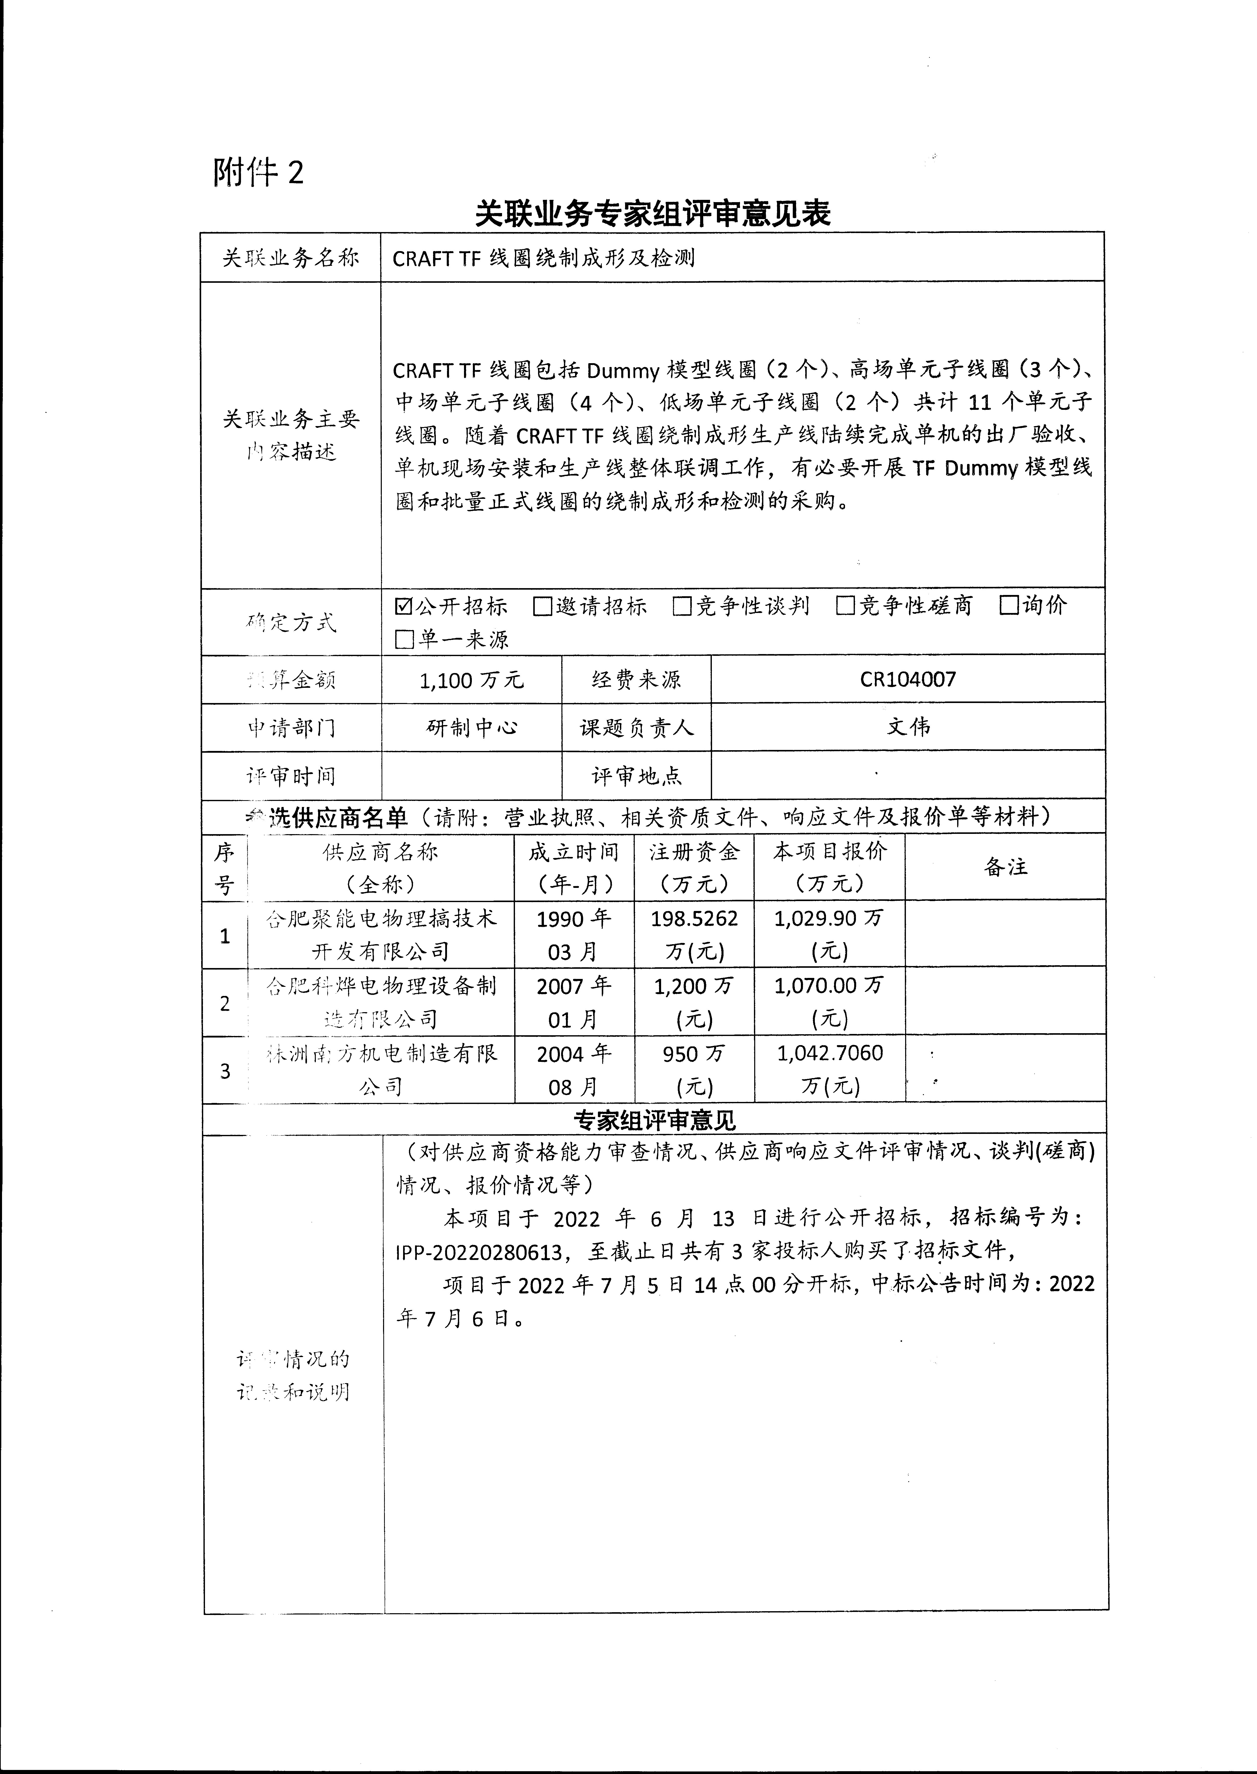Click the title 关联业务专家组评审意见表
[x=652, y=214]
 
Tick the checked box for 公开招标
[x=403, y=606]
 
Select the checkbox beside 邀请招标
[x=543, y=606]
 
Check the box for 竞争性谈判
[x=682, y=606]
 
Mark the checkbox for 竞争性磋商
[x=845, y=606]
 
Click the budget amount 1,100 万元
[x=471, y=680]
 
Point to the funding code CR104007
[x=908, y=679]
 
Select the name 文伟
[x=908, y=727]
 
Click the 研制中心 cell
[x=471, y=727]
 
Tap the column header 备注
[x=1005, y=867]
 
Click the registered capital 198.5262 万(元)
[x=694, y=934]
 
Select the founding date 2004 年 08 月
[x=574, y=1069]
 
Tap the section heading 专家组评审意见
[x=654, y=1119]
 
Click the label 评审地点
[x=636, y=775]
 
